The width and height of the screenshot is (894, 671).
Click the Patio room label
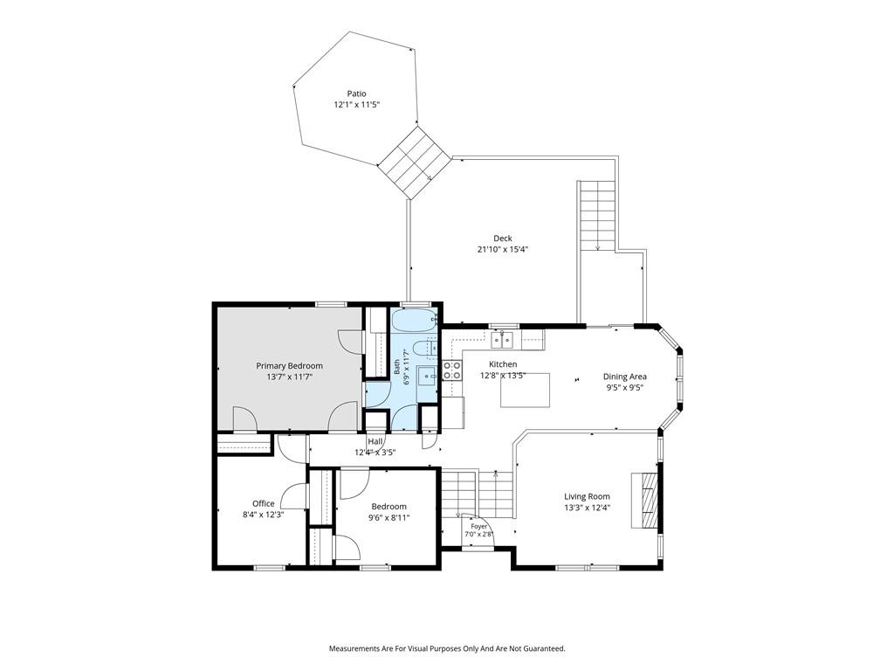[356, 93]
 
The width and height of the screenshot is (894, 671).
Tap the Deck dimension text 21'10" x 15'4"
[503, 249]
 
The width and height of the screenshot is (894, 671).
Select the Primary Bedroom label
[289, 366]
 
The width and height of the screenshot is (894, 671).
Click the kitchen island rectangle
[525, 391]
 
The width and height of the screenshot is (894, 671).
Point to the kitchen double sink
[503, 341]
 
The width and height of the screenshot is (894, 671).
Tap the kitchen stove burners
[452, 370]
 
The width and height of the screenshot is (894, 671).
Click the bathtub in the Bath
[414, 322]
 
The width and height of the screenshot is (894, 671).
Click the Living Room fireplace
[644, 501]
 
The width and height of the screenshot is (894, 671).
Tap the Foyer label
[479, 526]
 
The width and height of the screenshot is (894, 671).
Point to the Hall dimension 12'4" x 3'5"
[375, 452]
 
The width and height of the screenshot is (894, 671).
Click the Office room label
[264, 503]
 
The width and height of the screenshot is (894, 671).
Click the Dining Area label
[625, 377]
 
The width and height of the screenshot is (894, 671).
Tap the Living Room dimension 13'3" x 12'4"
[587, 508]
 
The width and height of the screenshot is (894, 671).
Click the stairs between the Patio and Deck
[415, 163]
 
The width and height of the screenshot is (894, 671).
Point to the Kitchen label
[503, 364]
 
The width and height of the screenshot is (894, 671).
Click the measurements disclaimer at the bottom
[447, 649]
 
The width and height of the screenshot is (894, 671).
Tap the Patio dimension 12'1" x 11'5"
[356, 105]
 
